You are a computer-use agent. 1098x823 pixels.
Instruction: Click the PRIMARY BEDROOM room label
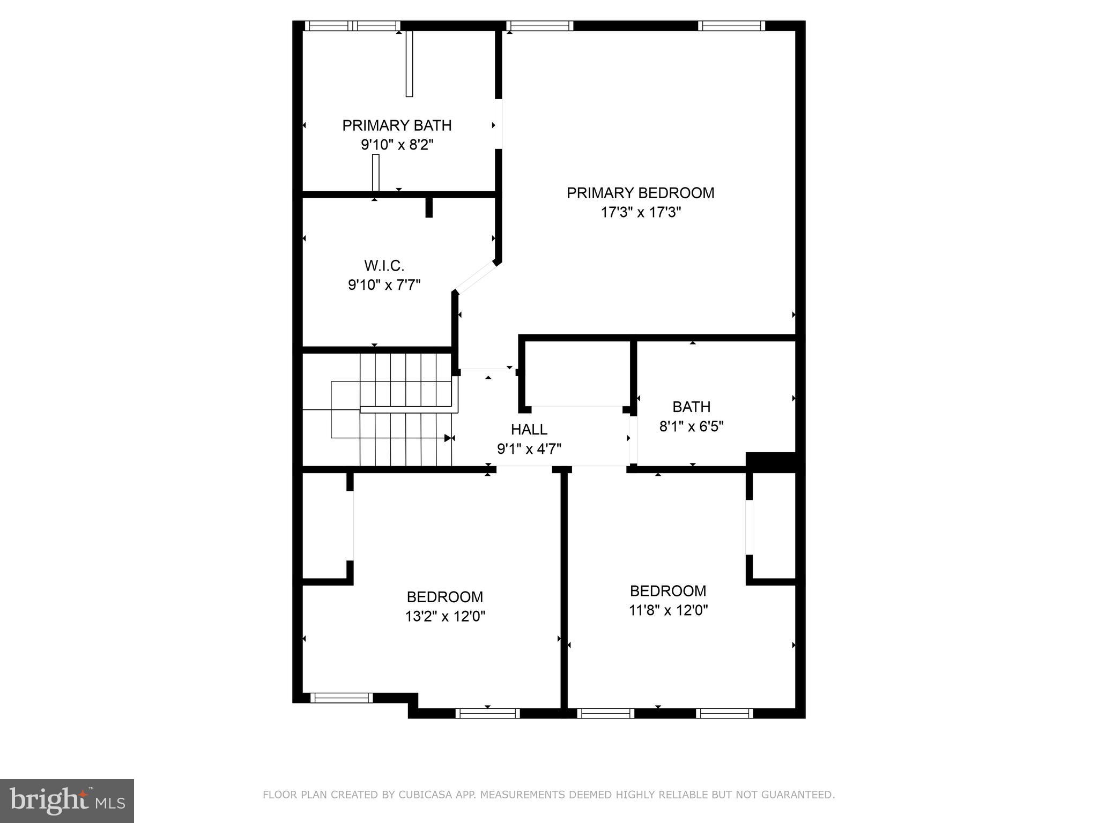tap(640, 193)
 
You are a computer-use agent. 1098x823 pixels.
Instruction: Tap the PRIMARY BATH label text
tap(397, 125)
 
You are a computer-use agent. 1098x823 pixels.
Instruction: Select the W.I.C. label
tap(384, 266)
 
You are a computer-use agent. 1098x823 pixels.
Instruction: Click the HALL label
tap(529, 429)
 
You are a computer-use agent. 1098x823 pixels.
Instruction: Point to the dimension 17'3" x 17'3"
tap(640, 213)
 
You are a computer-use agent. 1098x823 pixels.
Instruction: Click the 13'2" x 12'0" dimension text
tap(445, 617)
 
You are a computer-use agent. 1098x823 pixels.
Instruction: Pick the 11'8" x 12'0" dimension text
tap(668, 610)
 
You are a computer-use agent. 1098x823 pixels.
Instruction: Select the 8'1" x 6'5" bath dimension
tap(691, 427)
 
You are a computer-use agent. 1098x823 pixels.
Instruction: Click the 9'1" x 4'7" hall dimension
tap(529, 449)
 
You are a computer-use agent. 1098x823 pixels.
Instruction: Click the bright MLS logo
tap(67, 801)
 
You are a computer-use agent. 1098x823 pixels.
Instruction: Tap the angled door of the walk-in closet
tap(477, 277)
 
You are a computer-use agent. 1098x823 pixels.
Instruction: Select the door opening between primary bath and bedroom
tap(499, 124)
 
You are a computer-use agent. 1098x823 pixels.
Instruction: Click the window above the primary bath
tap(352, 26)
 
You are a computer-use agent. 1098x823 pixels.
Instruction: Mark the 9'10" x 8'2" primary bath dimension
tap(397, 145)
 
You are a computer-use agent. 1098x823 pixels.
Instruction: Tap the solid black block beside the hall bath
tap(770, 462)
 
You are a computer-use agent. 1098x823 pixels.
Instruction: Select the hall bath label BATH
tap(691, 407)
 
